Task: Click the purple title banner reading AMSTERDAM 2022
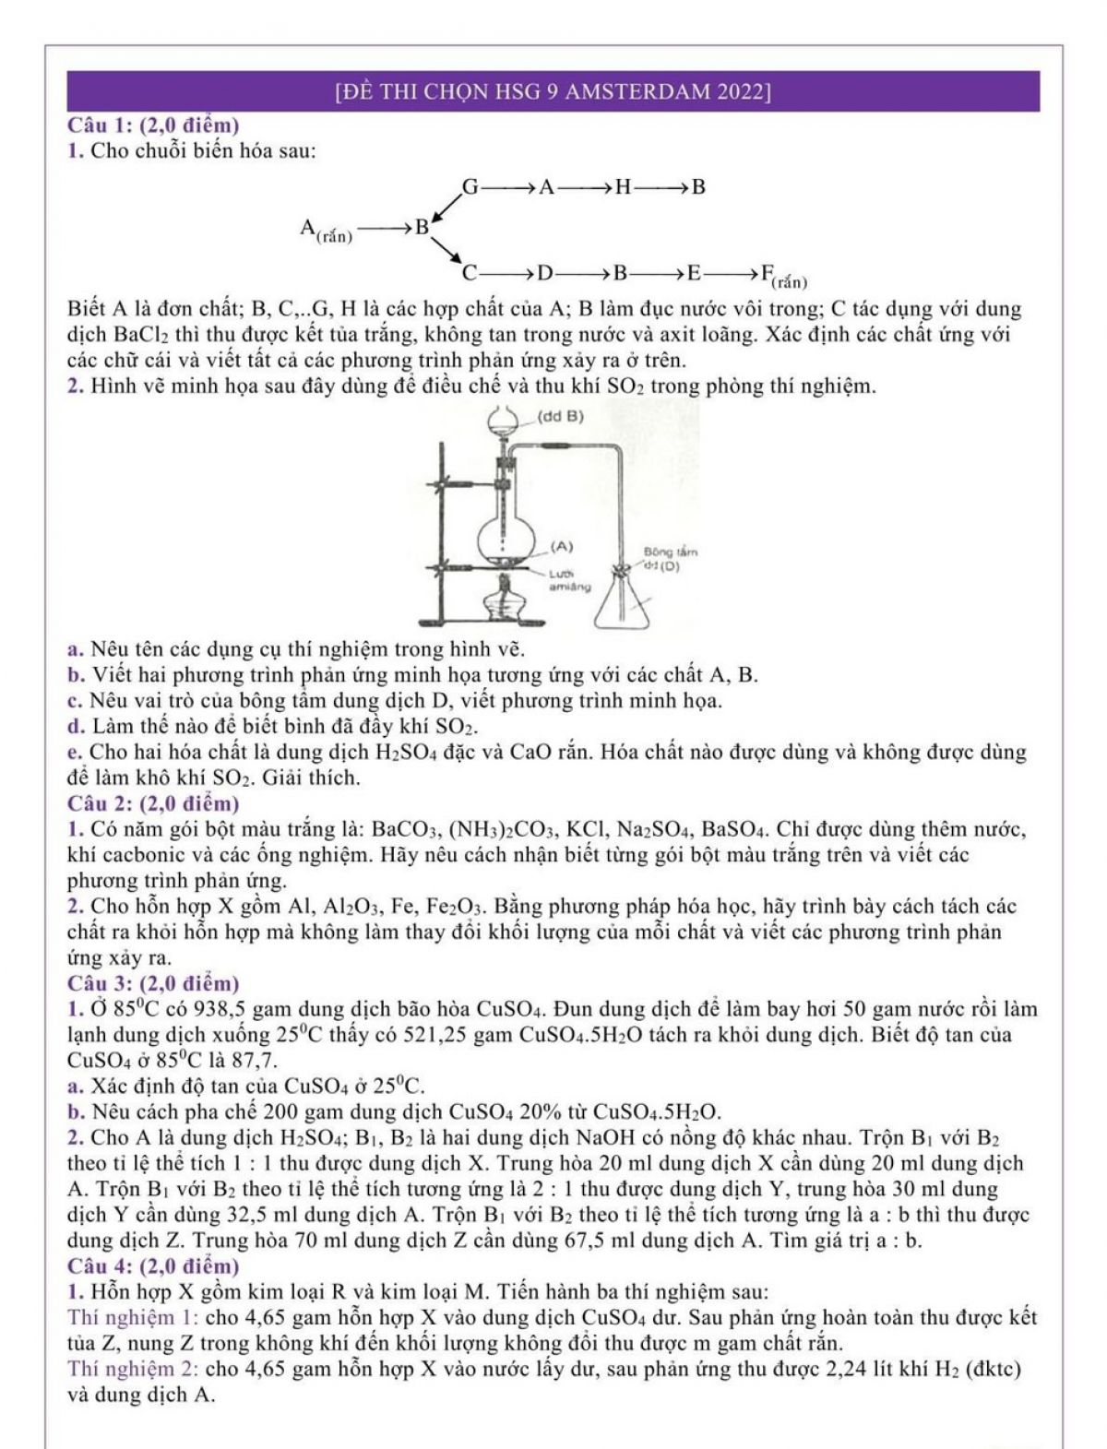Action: (x=553, y=91)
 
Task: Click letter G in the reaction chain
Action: (x=470, y=187)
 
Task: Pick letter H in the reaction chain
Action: (x=624, y=187)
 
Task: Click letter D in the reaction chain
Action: (x=545, y=273)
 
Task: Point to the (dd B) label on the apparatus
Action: (x=560, y=416)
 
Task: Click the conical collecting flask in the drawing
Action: (x=627, y=604)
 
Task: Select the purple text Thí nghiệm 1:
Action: (x=134, y=1317)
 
